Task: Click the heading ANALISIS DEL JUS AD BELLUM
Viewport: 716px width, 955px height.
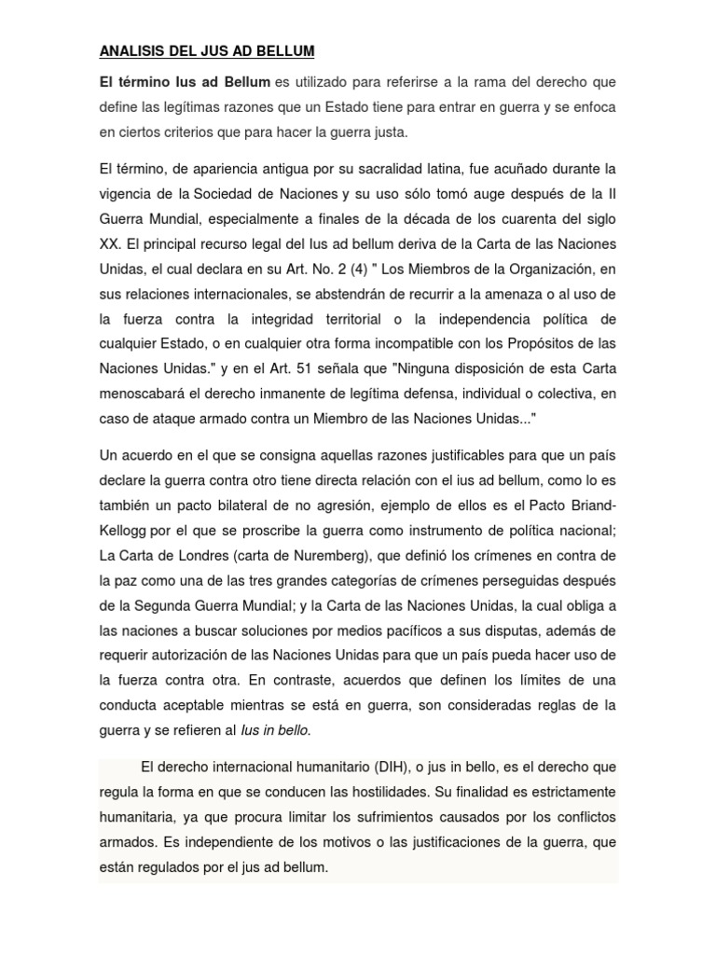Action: (206, 50)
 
